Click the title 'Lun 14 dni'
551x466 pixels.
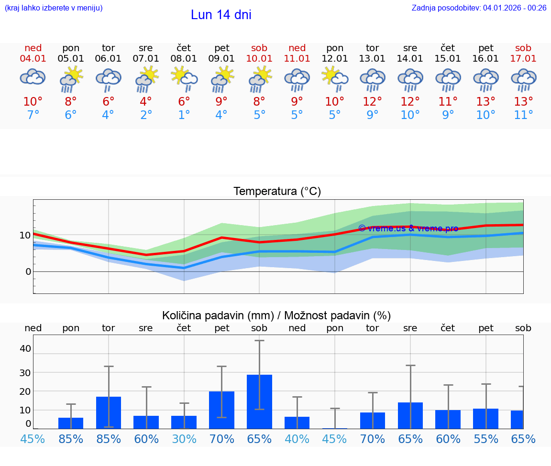(x=221, y=15)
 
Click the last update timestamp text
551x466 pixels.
(x=479, y=8)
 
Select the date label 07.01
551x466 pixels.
(x=146, y=58)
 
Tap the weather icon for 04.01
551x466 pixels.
(x=33, y=77)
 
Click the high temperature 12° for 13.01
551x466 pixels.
(x=372, y=102)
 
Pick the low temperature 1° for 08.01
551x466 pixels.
(x=184, y=115)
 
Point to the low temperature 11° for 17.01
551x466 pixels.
(x=523, y=115)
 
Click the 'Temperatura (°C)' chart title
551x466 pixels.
(x=277, y=192)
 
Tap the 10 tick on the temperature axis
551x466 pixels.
(x=25, y=235)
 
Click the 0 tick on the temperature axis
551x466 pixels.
(x=28, y=271)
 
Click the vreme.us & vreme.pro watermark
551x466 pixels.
(x=408, y=228)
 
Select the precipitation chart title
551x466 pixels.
(x=276, y=315)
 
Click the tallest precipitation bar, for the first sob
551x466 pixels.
(x=259, y=401)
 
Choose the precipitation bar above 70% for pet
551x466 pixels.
(x=221, y=410)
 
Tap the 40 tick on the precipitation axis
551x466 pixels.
(x=25, y=348)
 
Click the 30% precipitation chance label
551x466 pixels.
(x=184, y=439)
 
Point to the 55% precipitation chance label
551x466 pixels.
(x=486, y=439)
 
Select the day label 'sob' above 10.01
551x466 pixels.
(x=259, y=48)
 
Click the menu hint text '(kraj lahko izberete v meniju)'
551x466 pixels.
(x=54, y=8)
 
